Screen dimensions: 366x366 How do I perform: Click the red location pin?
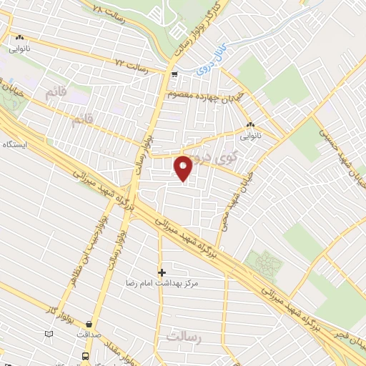tap(184, 168)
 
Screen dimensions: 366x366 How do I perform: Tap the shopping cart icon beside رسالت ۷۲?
tap(174, 74)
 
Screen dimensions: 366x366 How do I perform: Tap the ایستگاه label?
tap(14, 144)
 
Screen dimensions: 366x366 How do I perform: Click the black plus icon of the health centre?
tap(162, 272)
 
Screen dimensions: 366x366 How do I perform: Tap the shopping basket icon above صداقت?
tap(89, 324)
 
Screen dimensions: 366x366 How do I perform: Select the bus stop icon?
tap(86, 355)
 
